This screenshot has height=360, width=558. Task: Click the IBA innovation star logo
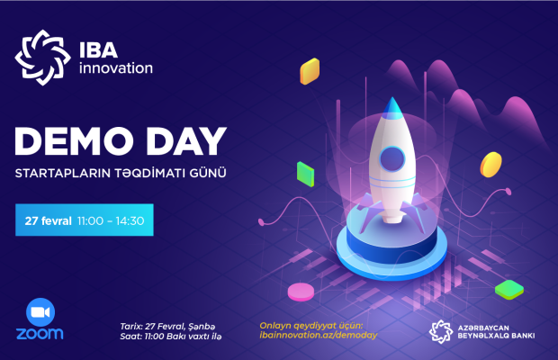point(42,58)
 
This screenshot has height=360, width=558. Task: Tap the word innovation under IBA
point(116,67)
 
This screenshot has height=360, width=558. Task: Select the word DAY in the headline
point(186,141)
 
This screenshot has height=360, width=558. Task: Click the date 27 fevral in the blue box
point(49,220)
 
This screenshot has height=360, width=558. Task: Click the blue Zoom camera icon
point(40,312)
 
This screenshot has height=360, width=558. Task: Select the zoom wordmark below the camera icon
point(40,333)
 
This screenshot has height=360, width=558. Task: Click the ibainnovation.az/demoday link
point(319,335)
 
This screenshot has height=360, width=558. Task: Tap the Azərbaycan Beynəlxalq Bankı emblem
point(441,331)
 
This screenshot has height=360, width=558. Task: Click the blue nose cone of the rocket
point(392,107)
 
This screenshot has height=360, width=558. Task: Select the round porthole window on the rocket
point(392,159)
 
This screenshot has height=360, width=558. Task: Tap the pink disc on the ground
point(301,292)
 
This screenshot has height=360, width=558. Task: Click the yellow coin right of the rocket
point(491,165)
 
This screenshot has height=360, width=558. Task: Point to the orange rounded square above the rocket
point(310,71)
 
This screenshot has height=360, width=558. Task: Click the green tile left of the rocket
point(306,174)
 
